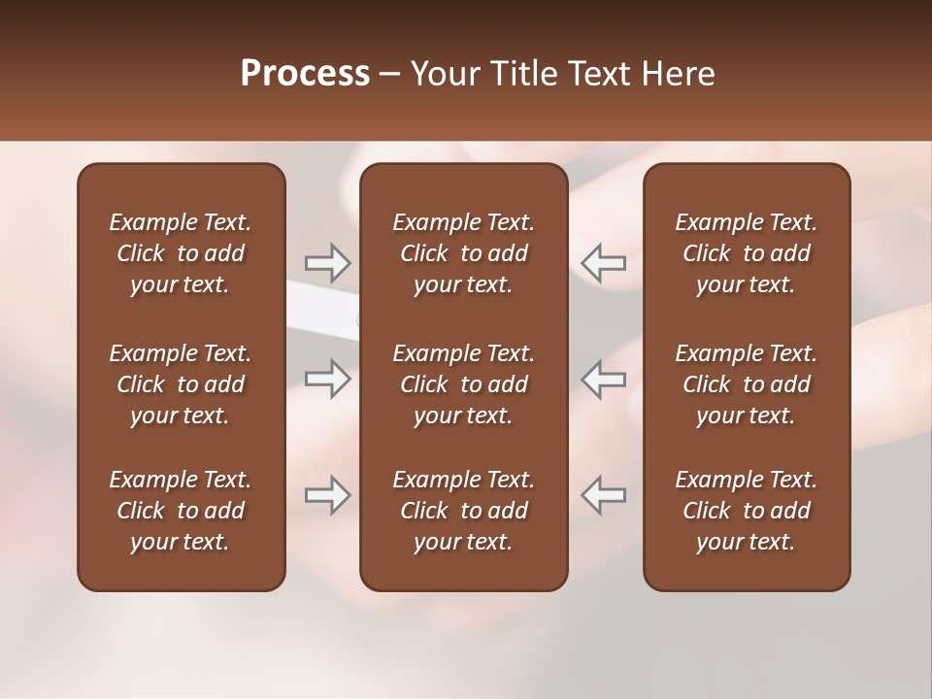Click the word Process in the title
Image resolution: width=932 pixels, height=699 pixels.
[305, 74]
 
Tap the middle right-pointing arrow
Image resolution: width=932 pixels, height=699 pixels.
[327, 379]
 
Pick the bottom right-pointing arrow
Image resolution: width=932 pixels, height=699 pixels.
[327, 495]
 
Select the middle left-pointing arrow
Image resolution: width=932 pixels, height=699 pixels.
[604, 379]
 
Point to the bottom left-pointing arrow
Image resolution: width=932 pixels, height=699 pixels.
[604, 495]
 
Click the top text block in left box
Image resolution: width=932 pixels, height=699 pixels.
[181, 253]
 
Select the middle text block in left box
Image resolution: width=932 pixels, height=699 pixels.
[181, 384]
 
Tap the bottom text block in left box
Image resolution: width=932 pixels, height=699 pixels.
[181, 511]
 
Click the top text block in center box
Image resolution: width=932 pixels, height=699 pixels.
[463, 253]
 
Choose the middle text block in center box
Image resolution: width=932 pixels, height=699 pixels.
[463, 384]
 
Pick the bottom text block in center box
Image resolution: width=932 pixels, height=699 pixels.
[463, 511]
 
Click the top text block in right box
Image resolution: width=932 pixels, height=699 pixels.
[746, 253]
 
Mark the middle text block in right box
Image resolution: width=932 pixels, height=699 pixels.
[746, 384]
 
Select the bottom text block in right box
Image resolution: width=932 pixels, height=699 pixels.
[746, 511]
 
